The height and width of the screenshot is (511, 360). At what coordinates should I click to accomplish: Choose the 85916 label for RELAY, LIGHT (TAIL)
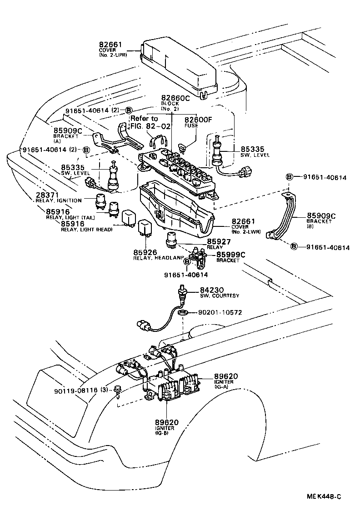click(57, 211)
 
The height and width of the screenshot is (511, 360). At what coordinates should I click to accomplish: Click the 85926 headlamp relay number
click(145, 252)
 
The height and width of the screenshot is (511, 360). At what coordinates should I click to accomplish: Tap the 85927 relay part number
click(220, 241)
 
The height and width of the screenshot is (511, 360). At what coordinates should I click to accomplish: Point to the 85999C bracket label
click(231, 255)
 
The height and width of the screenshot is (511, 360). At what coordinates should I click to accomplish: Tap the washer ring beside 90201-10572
click(183, 313)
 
